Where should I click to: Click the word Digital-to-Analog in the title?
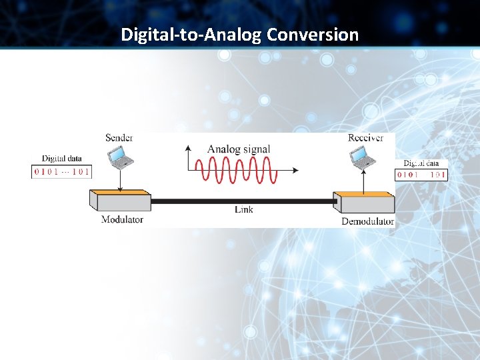[x=191, y=35]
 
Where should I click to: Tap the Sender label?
[x=119, y=138]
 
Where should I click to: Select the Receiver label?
[x=365, y=138]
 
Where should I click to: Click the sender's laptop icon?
[x=121, y=157]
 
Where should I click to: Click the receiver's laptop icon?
[x=363, y=157]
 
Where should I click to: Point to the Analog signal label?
[x=239, y=149]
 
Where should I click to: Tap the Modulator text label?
[x=122, y=219]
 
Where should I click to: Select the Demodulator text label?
[x=367, y=221]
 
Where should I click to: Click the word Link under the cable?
[x=243, y=209]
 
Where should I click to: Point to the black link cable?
[x=243, y=200]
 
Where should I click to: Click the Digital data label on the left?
[x=62, y=159]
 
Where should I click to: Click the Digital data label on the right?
[x=421, y=163]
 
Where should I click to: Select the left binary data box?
[x=61, y=171]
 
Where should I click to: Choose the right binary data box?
[x=421, y=175]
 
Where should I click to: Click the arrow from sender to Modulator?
[x=120, y=179]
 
